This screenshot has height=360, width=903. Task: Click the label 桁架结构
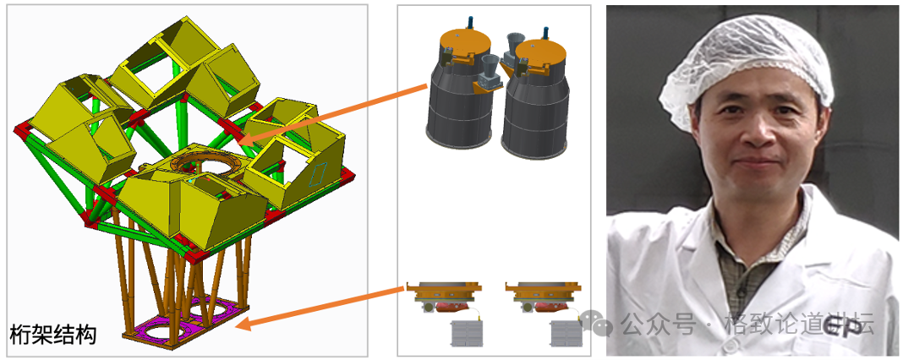(53, 335)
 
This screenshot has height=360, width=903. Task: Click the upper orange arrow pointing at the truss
(332, 114)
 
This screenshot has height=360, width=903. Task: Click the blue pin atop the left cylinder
(470, 22)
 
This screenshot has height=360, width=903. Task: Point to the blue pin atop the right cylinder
(545, 33)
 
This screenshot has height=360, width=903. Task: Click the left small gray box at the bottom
(467, 334)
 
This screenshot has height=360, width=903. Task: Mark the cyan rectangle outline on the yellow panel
(318, 174)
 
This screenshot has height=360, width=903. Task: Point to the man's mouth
(758, 162)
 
